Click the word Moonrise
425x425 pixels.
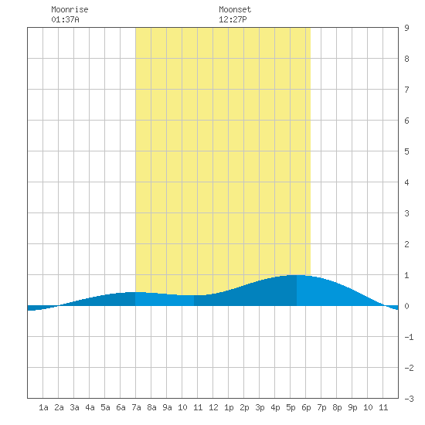[x=70, y=9]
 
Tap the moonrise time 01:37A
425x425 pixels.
[x=65, y=19]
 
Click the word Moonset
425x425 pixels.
[x=235, y=9]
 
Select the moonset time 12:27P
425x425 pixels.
[x=233, y=19]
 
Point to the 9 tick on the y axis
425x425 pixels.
[x=406, y=28]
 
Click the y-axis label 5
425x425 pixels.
[x=406, y=151]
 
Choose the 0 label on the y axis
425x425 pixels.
[x=406, y=306]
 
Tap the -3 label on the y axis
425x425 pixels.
[x=409, y=399]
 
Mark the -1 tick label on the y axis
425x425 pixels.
[x=409, y=337]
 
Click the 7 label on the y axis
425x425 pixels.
[x=406, y=90]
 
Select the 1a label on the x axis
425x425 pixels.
[x=43, y=407]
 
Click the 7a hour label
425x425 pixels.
[x=136, y=407]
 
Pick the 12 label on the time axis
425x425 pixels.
[x=213, y=407]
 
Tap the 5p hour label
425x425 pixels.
[x=291, y=407]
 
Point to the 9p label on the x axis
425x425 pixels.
[x=352, y=407]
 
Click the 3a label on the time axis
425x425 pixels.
[x=74, y=407]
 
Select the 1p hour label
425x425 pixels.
[x=229, y=407]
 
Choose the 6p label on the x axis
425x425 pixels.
[x=306, y=407]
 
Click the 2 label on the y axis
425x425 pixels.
[x=406, y=244]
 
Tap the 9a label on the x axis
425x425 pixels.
[x=167, y=407]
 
